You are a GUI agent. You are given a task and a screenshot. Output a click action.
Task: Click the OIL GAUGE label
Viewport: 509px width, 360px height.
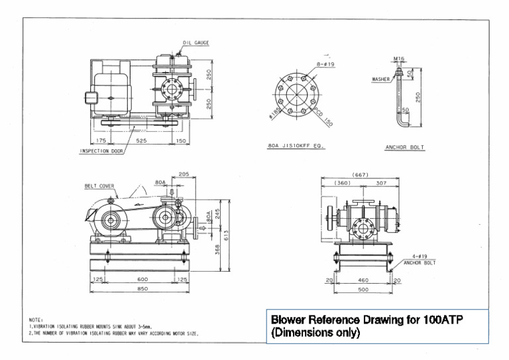196,42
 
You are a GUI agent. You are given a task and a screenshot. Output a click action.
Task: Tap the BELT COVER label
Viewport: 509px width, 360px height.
99,186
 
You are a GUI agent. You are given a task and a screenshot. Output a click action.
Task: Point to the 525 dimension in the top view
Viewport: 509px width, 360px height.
141,141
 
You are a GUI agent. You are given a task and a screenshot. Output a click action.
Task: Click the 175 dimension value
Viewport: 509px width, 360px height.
101,141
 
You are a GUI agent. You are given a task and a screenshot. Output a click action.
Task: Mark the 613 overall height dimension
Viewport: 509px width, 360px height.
226,235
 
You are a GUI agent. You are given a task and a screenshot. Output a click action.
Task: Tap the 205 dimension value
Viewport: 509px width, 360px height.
184,175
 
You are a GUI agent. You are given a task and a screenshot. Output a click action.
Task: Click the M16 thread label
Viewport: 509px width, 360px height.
398,58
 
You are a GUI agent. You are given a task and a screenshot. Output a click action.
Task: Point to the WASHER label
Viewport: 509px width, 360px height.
380,79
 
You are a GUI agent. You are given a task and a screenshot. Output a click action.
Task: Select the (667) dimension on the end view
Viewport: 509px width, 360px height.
361,174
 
